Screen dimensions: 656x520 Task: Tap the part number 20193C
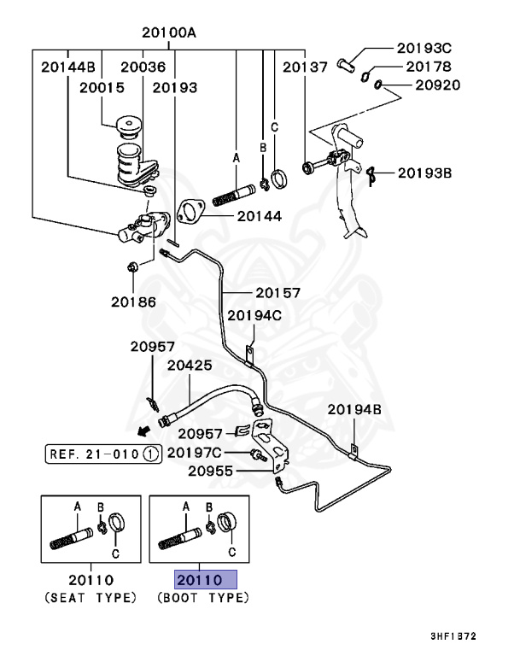[424, 48]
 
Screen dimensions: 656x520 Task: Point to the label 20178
[429, 67]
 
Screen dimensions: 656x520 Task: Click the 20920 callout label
[438, 85]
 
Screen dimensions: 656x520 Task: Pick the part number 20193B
[424, 173]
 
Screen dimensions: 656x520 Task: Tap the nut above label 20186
[133, 267]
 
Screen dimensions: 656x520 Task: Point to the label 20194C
[254, 315]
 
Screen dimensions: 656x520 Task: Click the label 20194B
[353, 410]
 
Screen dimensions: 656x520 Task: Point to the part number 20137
[305, 66]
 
